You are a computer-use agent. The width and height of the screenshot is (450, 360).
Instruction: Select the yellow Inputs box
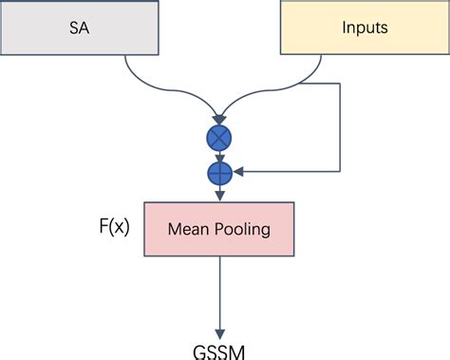(365, 28)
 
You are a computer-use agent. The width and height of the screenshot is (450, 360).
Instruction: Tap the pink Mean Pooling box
(220, 228)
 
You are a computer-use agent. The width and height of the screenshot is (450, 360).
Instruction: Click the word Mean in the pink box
(187, 228)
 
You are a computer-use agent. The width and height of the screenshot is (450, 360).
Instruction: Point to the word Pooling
(243, 228)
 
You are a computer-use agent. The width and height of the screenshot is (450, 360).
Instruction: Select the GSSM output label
(220, 351)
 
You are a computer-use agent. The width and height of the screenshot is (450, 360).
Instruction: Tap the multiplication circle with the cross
(220, 139)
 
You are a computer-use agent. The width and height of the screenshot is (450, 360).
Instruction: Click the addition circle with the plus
(220, 173)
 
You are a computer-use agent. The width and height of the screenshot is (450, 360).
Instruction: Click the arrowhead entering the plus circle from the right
(239, 173)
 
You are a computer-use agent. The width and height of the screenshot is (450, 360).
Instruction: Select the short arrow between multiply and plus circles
(220, 157)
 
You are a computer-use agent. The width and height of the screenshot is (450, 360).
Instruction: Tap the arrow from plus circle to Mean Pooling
(220, 192)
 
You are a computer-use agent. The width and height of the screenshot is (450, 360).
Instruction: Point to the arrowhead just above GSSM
(220, 328)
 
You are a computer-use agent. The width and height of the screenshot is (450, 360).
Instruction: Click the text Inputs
(365, 28)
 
